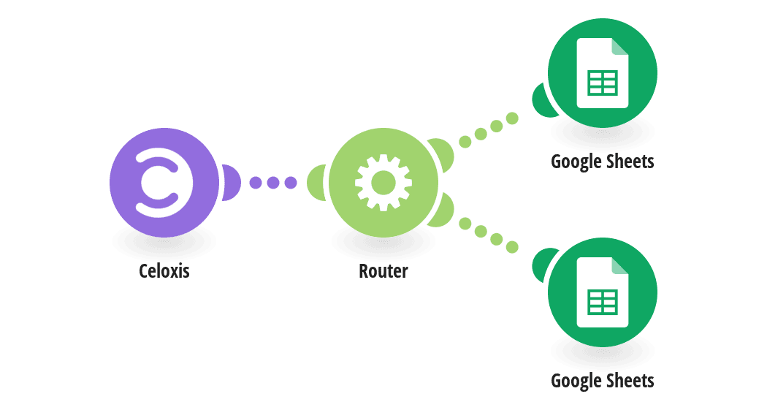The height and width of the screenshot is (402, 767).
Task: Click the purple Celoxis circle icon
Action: [x=164, y=183]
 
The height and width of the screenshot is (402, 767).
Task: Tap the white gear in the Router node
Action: [x=383, y=183]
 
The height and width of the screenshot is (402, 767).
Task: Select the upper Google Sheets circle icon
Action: [x=603, y=73]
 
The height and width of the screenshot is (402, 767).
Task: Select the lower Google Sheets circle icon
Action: [x=603, y=292]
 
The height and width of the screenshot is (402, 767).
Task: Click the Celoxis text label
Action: [x=164, y=270]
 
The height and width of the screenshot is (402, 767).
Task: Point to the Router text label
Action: [x=383, y=270]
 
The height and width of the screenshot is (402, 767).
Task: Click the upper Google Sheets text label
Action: [x=603, y=162]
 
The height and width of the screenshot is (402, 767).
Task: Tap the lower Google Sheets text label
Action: [x=603, y=381]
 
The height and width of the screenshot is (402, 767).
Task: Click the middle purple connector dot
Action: [x=273, y=183]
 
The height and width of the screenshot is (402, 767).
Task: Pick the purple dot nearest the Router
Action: [x=291, y=183]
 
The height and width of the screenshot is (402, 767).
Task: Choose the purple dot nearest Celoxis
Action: [x=256, y=183]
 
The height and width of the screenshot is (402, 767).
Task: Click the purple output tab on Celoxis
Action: [x=232, y=183]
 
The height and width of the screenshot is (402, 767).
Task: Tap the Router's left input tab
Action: [x=316, y=183]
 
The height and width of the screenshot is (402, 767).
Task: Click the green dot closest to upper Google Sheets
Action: [x=512, y=118]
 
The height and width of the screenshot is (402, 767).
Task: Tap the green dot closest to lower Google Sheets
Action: [x=512, y=247]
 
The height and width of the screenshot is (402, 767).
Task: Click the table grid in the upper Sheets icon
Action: [x=603, y=83]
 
